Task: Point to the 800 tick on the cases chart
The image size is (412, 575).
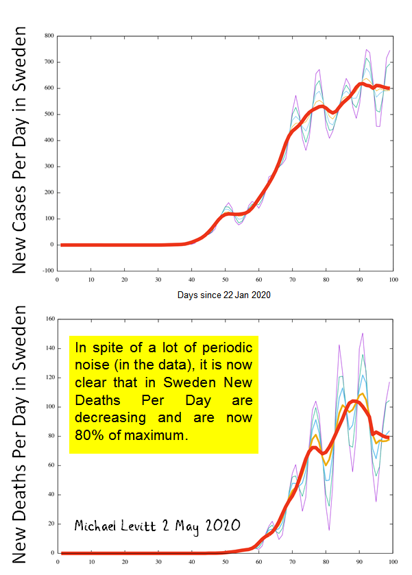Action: (49, 36)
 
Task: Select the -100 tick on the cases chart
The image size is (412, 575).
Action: (47, 271)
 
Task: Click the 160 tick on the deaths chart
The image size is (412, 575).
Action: (49, 319)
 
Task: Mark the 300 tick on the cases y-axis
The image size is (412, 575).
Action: (49, 167)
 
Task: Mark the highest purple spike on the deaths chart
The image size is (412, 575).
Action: (362, 334)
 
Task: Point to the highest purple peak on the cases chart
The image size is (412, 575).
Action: (367, 50)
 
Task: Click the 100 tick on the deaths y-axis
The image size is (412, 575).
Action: (49, 406)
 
